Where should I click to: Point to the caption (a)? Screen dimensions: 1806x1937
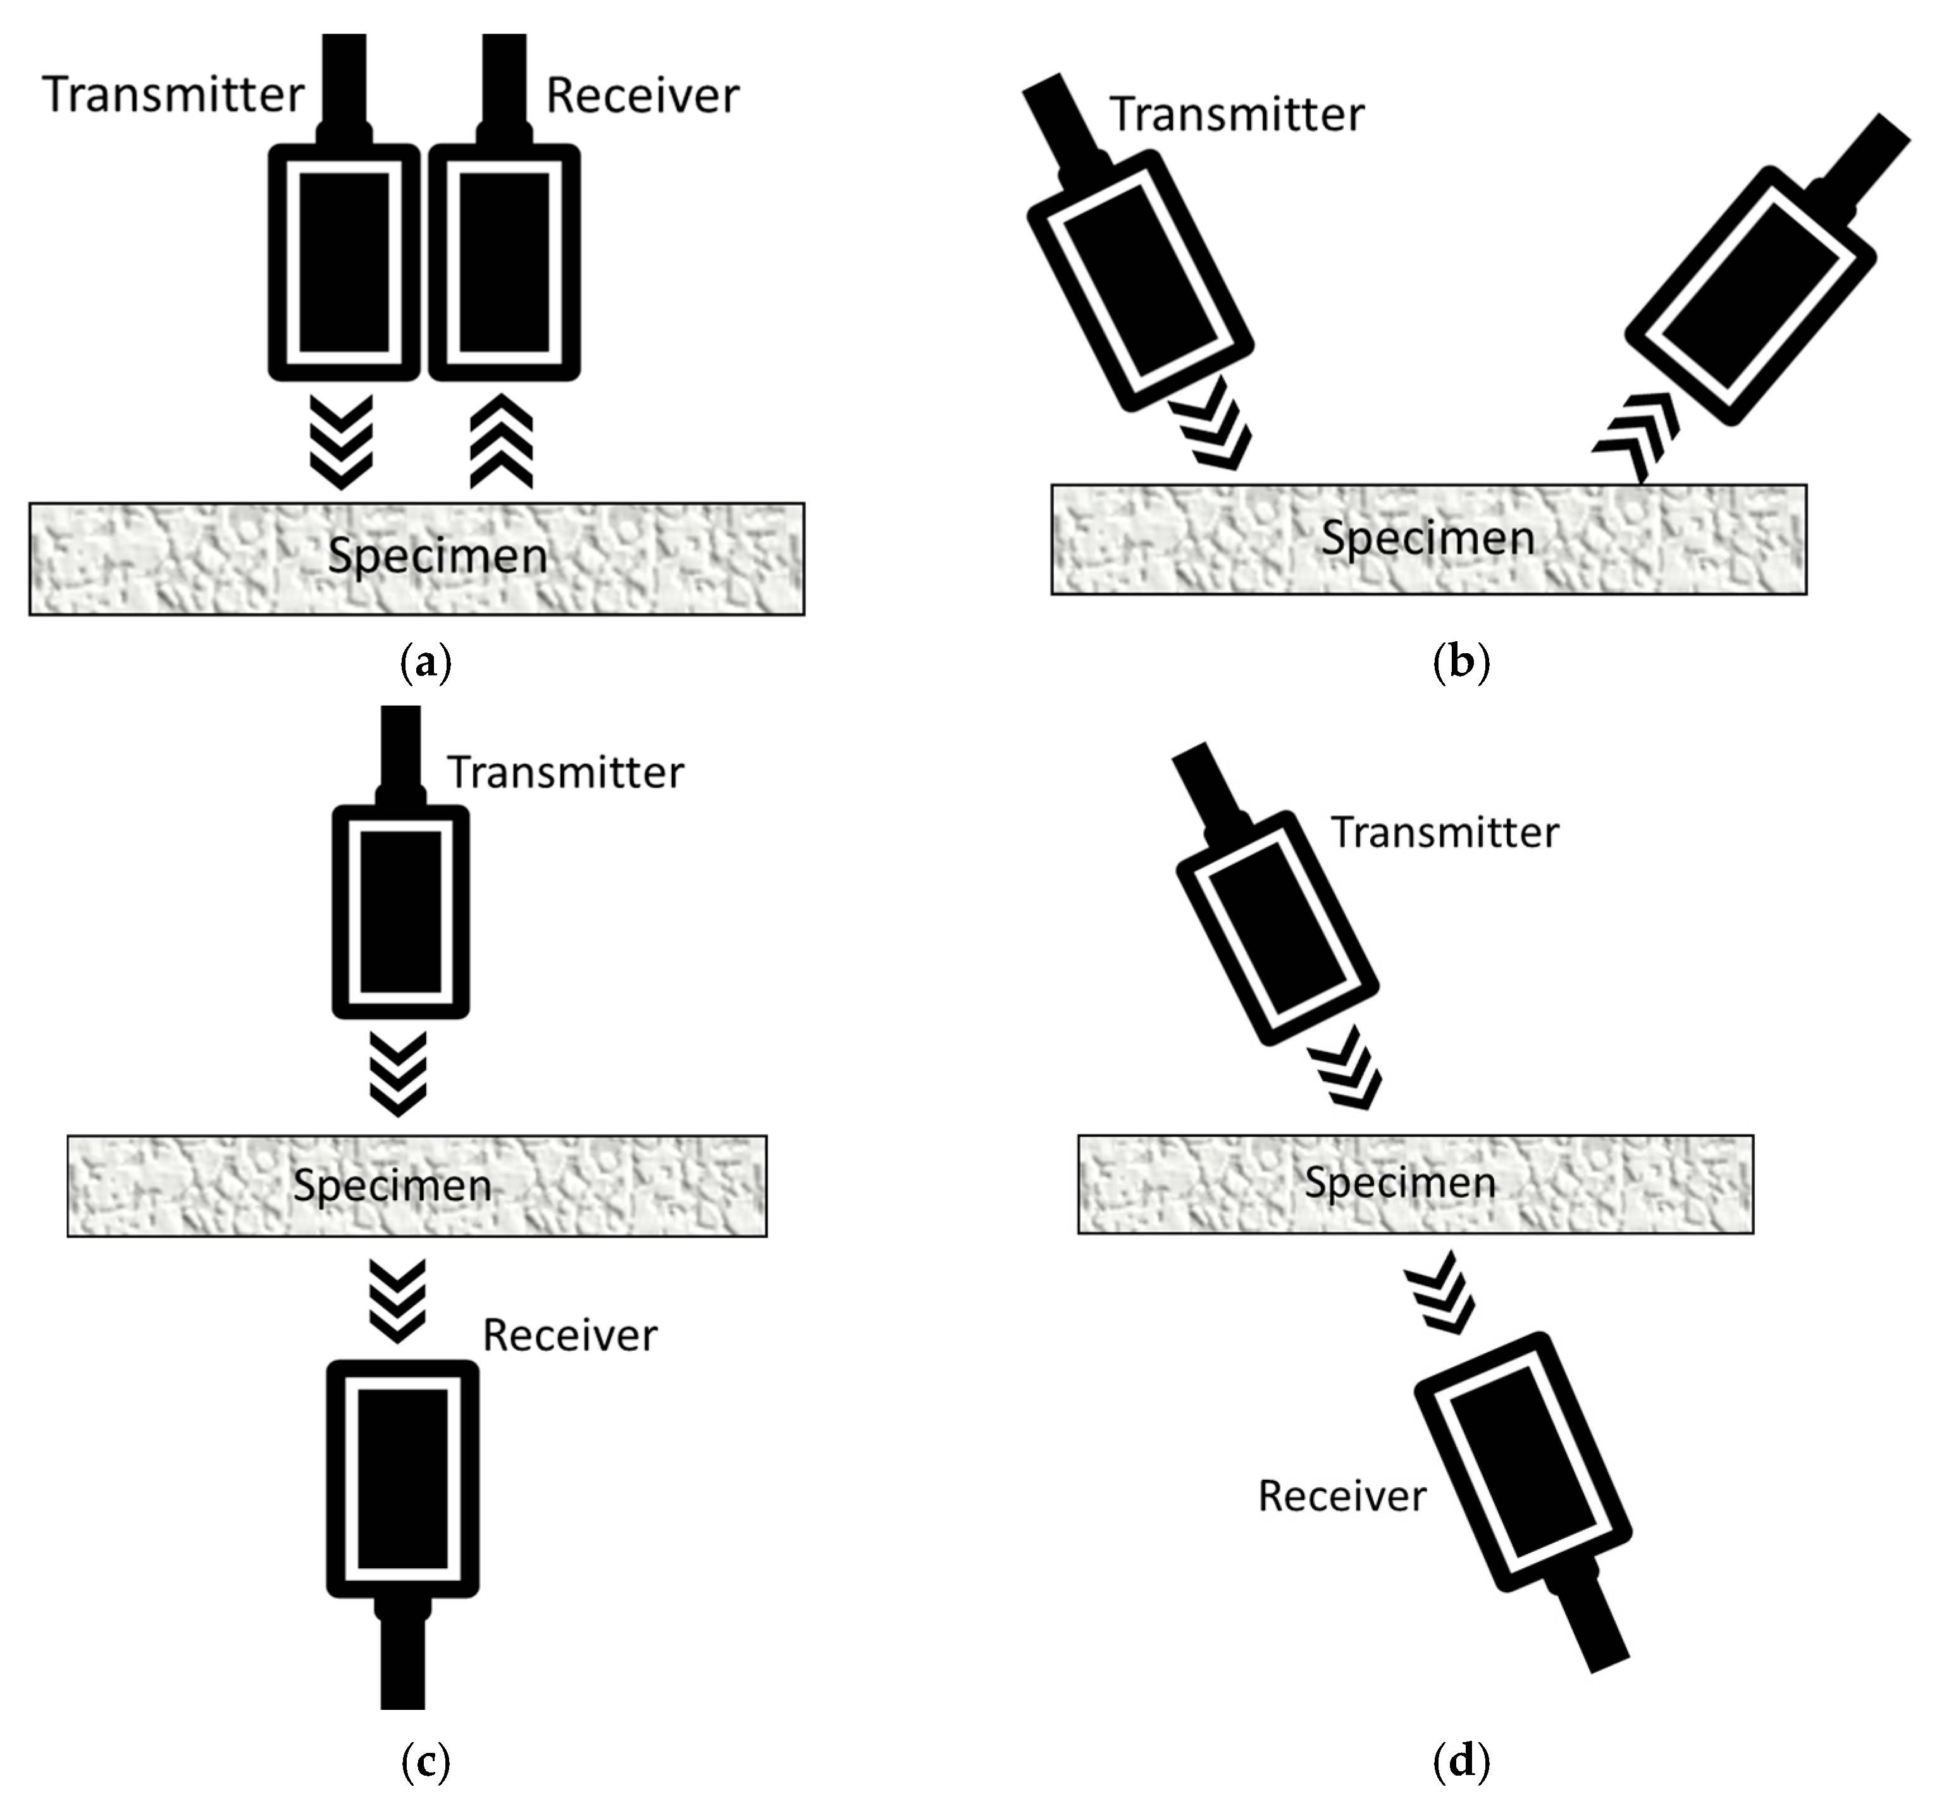[426, 663]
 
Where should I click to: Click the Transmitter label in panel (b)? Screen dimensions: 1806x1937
[1237, 114]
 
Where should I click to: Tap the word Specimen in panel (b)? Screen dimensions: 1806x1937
[1427, 537]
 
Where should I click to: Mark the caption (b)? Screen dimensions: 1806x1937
[1461, 663]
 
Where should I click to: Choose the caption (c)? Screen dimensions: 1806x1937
[426, 1761]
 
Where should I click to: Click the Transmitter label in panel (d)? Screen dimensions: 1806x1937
[1445, 833]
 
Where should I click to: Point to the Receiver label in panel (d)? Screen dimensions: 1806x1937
[1342, 1496]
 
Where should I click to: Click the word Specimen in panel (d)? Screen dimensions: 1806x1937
[1400, 1182]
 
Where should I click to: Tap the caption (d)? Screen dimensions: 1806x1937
[1461, 1761]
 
